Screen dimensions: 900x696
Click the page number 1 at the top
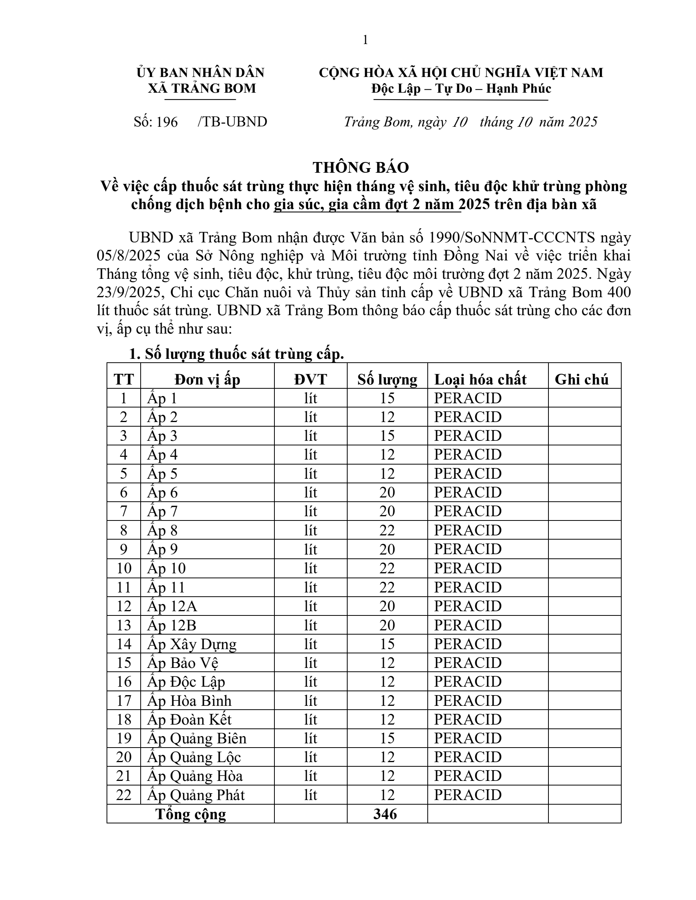tap(365, 40)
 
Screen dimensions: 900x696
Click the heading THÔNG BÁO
tap(360, 167)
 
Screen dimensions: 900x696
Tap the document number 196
tap(167, 122)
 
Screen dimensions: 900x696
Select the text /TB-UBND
tap(232, 122)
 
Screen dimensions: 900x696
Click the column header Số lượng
tap(387, 379)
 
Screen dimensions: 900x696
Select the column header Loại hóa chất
tap(480, 379)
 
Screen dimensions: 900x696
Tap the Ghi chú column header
tap(581, 379)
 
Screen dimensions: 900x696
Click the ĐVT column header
tap(310, 379)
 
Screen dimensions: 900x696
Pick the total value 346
tap(385, 814)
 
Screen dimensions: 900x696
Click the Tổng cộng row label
tap(190, 814)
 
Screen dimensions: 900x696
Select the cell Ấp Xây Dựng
tap(192, 644)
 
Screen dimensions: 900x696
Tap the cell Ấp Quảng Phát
tap(196, 795)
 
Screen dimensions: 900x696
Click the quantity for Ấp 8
tap(387, 530)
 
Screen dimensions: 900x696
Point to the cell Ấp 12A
tap(172, 606)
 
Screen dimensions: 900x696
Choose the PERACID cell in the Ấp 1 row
tap(468, 398)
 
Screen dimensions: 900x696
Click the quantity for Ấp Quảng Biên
tap(387, 738)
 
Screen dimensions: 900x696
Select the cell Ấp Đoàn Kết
tap(189, 720)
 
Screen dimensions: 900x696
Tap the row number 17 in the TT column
tap(124, 700)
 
